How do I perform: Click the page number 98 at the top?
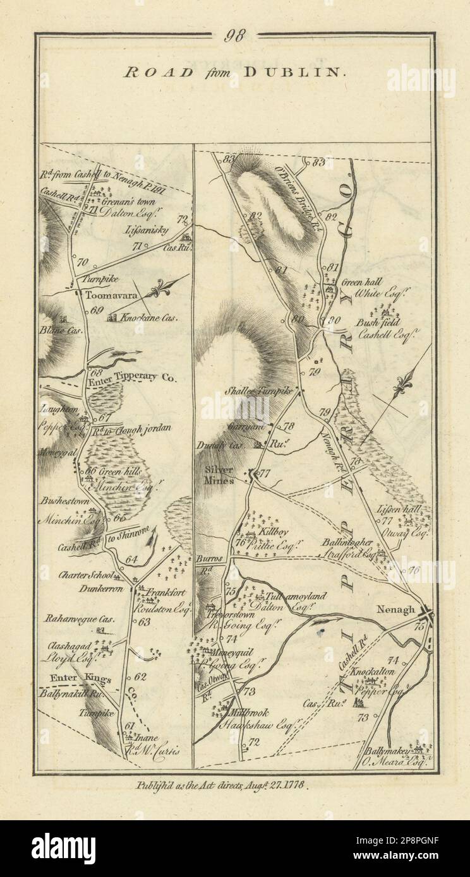click(234, 36)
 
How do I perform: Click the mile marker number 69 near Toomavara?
click(96, 310)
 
